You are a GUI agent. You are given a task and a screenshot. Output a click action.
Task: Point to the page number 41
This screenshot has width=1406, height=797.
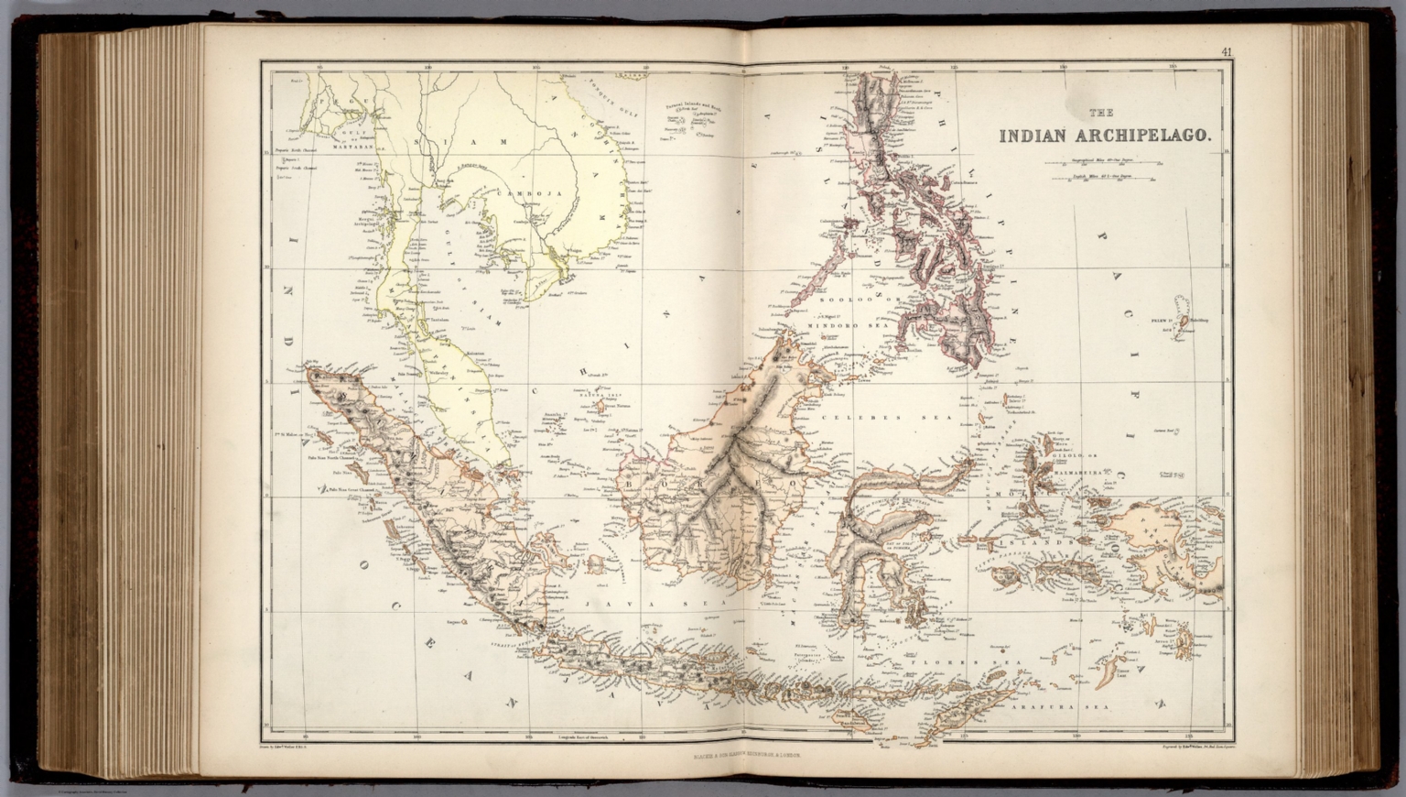(x=1227, y=52)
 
